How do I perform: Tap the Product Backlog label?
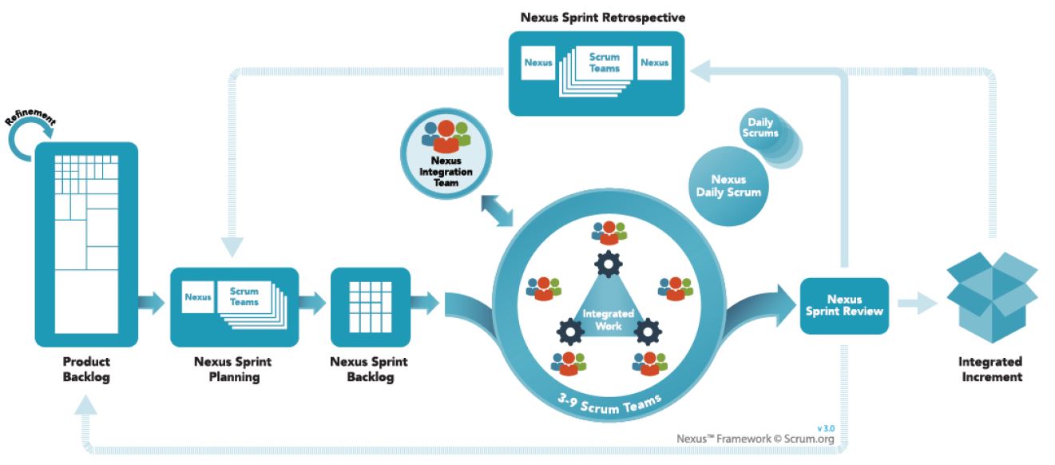(x=86, y=369)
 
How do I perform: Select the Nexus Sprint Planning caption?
(x=233, y=369)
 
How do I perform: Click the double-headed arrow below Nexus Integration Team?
(x=498, y=212)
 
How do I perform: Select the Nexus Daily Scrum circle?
(x=728, y=185)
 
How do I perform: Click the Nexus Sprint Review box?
(x=844, y=305)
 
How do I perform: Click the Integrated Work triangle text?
(x=608, y=320)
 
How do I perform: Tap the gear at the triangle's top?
(x=609, y=263)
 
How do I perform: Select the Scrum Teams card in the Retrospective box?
(x=604, y=63)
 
